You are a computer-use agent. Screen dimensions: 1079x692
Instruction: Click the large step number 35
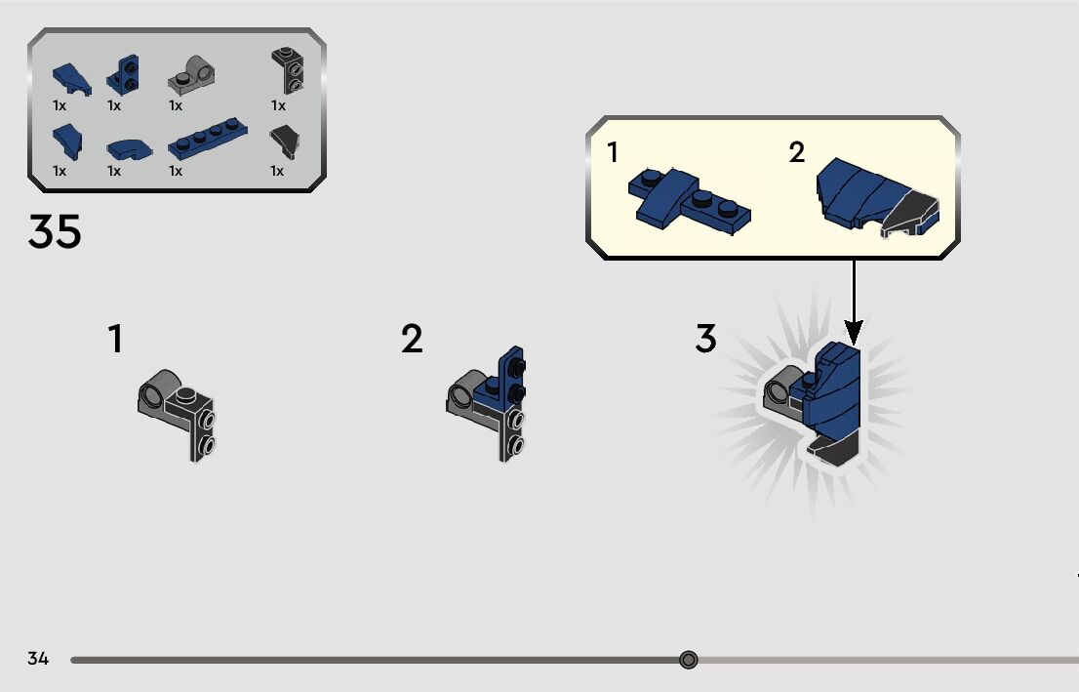coord(55,232)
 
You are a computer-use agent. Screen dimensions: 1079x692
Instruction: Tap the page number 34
coord(38,659)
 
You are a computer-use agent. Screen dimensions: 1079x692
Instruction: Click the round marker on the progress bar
coord(689,661)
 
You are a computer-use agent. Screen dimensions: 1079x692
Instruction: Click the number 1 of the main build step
coord(115,340)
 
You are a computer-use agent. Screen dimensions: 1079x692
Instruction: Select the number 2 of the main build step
coord(412,340)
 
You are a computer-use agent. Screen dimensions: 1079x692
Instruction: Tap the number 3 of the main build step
coord(705,340)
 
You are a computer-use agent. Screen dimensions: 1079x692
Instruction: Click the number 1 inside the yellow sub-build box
coord(613,153)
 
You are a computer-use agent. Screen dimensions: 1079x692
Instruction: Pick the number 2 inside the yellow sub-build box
coord(797,153)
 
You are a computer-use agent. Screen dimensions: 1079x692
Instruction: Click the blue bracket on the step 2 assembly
coord(511,375)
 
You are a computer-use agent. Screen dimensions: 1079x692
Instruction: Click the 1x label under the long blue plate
coord(176,171)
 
